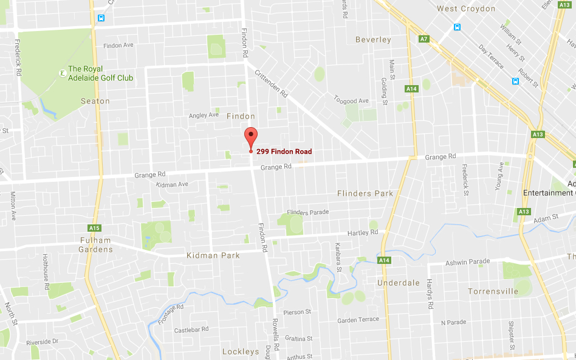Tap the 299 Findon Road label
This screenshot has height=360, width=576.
pos(284,151)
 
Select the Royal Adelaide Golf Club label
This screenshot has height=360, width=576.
pos(100,74)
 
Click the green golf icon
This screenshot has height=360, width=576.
pos(62,73)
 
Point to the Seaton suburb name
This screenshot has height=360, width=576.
pos(95,101)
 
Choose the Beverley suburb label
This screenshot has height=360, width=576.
pos(373,40)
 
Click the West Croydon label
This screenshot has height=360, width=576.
pos(466,9)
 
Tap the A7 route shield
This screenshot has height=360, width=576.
pos(424,39)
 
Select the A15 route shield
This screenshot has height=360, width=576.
pos(94,228)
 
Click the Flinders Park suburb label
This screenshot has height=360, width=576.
pos(365,193)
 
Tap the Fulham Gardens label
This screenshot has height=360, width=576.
pos(96,244)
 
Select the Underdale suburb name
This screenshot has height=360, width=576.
pos(399,283)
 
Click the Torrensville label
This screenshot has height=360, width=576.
pos(493,291)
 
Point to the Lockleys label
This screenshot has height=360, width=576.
pos(241,351)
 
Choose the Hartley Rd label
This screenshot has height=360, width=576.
pos(363,233)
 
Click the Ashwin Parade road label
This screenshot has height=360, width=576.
pos(468,261)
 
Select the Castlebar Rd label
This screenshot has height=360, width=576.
pos(191,330)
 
